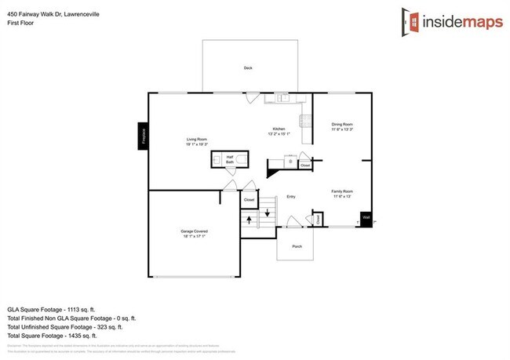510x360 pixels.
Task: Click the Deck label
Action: [248, 68]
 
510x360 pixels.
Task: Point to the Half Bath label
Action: [231, 160]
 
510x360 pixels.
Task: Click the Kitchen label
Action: [278, 130]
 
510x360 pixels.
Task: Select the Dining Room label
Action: [342, 125]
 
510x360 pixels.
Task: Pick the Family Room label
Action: [342, 193]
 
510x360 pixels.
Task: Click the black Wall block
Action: [366, 220]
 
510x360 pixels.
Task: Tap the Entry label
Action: [290, 197]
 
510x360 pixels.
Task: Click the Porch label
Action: [297, 246]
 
